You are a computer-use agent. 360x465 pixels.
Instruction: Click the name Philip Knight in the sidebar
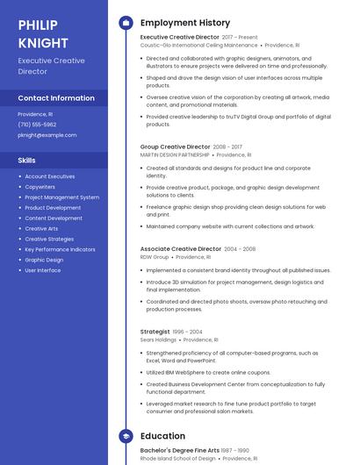[x=44, y=33]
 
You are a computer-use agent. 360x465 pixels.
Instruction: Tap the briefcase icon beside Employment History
[x=126, y=22]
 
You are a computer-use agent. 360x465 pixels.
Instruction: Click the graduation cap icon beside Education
[x=126, y=435]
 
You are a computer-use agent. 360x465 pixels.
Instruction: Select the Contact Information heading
[x=56, y=98]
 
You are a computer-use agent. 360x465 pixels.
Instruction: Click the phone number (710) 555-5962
[x=37, y=125]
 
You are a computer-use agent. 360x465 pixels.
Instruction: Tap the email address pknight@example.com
[x=47, y=135]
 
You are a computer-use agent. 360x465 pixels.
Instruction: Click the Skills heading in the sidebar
[x=27, y=161]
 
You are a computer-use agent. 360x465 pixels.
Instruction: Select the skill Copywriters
[x=40, y=187]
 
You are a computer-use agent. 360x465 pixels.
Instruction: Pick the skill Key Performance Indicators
[x=60, y=249]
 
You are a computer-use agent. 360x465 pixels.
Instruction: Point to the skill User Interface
[x=43, y=270]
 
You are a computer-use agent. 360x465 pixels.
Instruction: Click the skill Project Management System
[x=61, y=197]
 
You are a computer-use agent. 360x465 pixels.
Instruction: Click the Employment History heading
[x=185, y=23]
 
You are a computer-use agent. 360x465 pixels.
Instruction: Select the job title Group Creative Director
[x=176, y=147]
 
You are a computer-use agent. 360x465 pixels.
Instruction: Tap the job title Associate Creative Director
[x=181, y=249]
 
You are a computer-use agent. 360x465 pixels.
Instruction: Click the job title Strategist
[x=155, y=332]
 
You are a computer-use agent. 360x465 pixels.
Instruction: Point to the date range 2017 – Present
[x=240, y=38]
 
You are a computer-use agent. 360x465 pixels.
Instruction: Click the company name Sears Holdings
[x=158, y=340]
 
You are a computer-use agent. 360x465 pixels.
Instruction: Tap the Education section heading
[x=162, y=435]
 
